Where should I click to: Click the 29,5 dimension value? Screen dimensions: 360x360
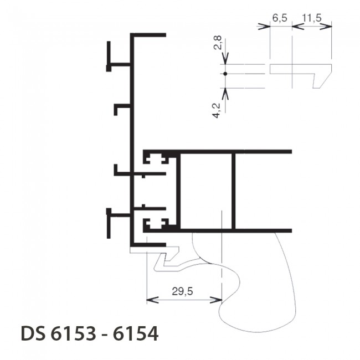(x=183, y=291)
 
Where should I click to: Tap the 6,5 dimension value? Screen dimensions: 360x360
(x=280, y=18)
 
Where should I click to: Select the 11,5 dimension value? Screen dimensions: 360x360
(x=312, y=18)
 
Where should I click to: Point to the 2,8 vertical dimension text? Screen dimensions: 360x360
(x=218, y=43)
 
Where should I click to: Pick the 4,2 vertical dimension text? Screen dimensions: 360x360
(x=217, y=111)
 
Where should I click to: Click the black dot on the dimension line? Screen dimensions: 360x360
(x=225, y=74)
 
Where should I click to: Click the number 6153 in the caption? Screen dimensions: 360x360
(x=73, y=333)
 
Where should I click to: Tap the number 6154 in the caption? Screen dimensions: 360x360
(x=136, y=333)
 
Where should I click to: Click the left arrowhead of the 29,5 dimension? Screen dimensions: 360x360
(x=152, y=300)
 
